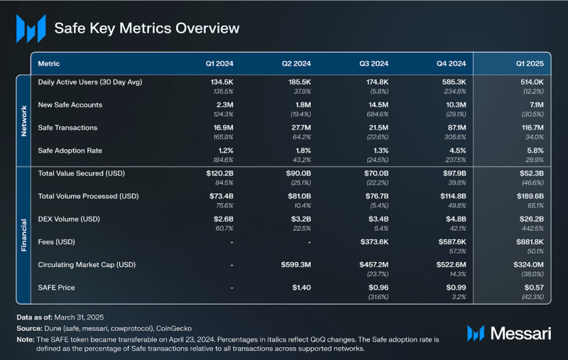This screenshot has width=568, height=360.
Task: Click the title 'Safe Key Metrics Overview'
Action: click(147, 28)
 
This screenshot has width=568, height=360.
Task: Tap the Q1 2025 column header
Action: click(529, 64)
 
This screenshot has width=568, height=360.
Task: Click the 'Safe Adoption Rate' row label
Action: click(70, 150)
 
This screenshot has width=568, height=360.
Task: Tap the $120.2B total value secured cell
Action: click(219, 173)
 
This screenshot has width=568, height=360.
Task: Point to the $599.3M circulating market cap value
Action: click(294, 264)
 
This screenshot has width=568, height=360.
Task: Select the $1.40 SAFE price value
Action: click(302, 287)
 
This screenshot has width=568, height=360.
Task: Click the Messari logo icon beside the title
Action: click(31, 28)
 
